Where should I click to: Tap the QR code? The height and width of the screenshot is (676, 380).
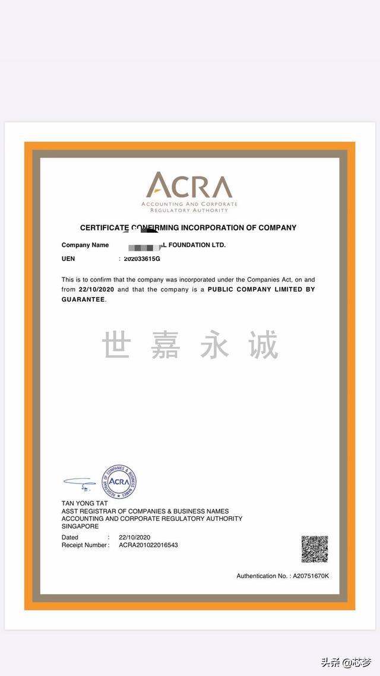click(314, 549)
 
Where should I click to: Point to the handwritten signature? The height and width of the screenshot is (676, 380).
click(80, 483)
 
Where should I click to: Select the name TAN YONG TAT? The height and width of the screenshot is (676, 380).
click(81, 504)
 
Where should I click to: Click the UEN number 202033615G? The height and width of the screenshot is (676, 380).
click(142, 259)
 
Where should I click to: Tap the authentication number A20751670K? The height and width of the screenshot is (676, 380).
click(311, 576)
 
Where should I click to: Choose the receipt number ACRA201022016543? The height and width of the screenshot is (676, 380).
click(148, 545)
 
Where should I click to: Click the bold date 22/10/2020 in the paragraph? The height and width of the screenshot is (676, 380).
click(96, 289)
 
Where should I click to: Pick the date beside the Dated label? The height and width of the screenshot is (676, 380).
click(134, 538)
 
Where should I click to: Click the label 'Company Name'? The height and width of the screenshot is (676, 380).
click(85, 245)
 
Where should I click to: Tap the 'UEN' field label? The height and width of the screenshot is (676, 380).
click(68, 259)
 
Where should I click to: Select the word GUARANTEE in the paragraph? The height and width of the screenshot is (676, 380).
click(83, 299)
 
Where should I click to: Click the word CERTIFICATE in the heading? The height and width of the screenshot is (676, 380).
click(104, 228)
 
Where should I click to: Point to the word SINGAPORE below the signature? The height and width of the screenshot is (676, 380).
click(80, 526)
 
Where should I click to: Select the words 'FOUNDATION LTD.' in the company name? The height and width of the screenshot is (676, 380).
click(197, 245)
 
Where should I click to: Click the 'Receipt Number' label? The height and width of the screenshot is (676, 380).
click(84, 545)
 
